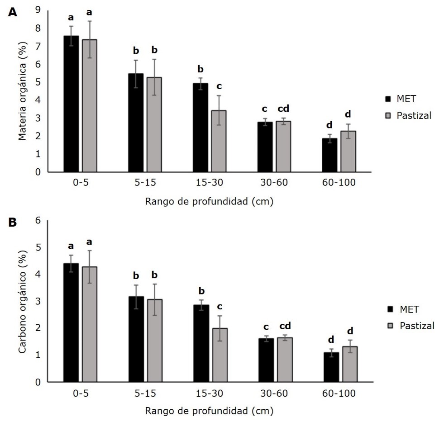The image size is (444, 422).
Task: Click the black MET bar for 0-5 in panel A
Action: [x=71, y=104]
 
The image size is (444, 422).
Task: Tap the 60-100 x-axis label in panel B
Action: [x=340, y=393]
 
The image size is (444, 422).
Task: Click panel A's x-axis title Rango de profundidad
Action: [x=209, y=201]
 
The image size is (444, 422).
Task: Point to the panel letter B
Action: [x=13, y=223]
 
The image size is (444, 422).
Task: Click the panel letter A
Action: [x=13, y=13]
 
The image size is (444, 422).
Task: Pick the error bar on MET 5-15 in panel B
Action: [x=136, y=297]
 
